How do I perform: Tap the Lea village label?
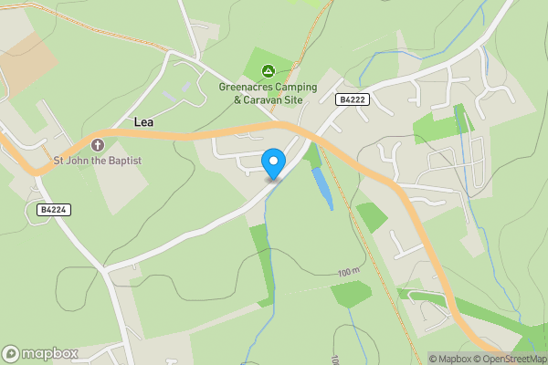click(144, 122)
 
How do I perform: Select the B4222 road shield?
click(352, 99)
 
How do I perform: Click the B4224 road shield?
click(54, 210)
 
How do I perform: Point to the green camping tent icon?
click(269, 70)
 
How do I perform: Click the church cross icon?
click(98, 144)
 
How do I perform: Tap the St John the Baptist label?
click(98, 162)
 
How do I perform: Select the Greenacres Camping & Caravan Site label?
click(268, 93)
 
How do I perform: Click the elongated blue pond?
click(321, 188)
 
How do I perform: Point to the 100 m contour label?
click(348, 273)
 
